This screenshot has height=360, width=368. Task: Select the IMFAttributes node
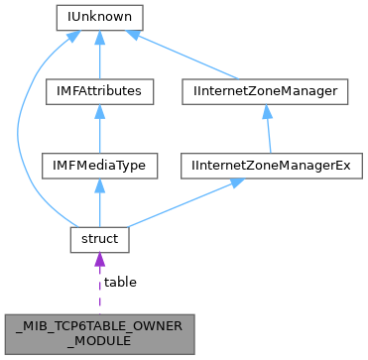[98, 91]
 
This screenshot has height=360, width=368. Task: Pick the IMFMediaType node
[98, 166]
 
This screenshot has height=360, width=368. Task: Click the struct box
[98, 240]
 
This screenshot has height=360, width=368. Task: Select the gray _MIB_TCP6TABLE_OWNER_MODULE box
[98, 329]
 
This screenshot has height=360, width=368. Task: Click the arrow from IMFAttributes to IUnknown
[98, 55]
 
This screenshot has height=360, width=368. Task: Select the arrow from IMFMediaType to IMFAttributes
[98, 129]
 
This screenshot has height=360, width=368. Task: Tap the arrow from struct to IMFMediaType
[98, 203]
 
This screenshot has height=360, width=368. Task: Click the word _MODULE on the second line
[98, 337]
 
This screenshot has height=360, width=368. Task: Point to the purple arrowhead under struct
[98, 261]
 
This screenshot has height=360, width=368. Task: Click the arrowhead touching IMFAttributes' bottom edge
[98, 111]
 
